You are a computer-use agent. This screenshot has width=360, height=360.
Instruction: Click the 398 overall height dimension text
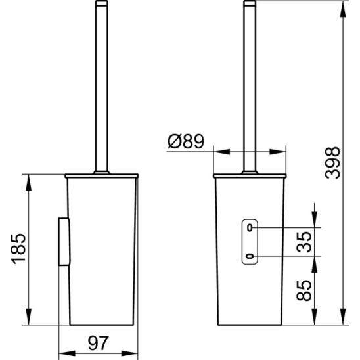(x=333, y=163)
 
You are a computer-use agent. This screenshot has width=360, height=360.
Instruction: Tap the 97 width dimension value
(x=98, y=342)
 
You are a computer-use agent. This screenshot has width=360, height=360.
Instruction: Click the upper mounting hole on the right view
(x=250, y=227)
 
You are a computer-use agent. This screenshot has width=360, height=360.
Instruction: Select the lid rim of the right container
(x=250, y=176)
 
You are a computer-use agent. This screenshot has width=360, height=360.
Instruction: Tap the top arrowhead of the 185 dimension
(x=28, y=181)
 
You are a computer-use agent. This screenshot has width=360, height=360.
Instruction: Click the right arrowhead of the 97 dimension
(x=134, y=352)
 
